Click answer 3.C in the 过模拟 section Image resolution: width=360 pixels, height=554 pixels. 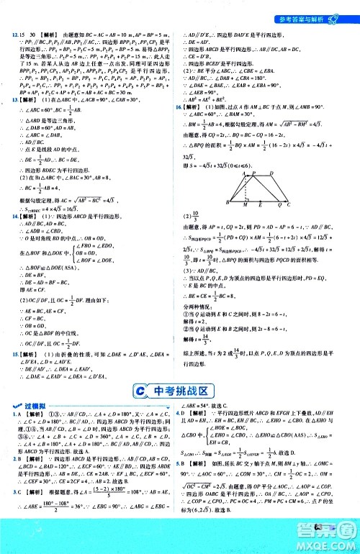[14, 512]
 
